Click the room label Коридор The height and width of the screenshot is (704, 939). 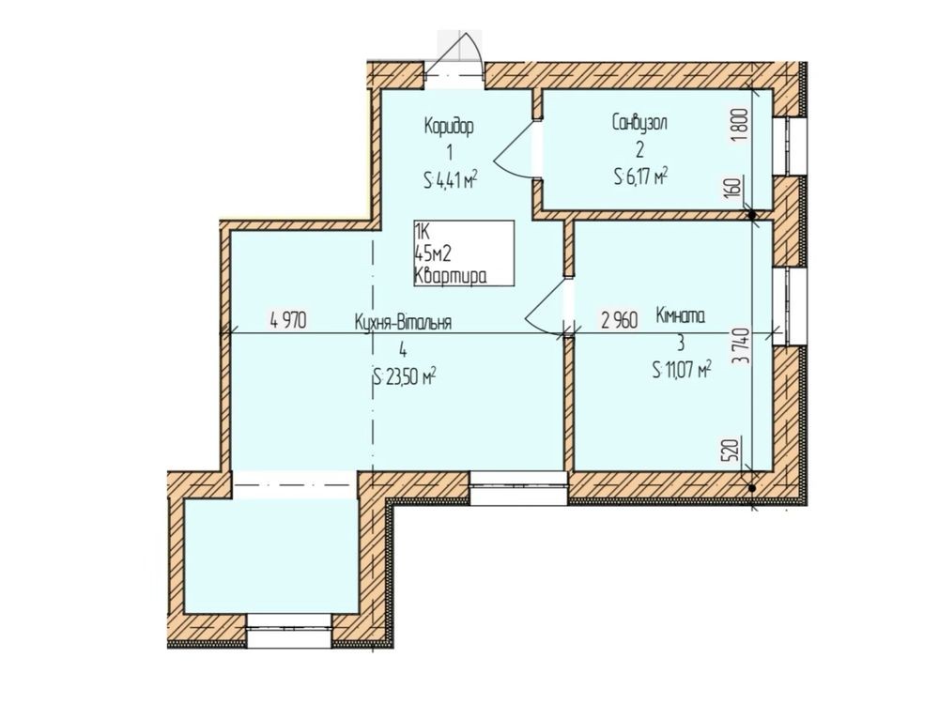[450, 127]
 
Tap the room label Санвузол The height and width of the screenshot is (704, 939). [639, 122]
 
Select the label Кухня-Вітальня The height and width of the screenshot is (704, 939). [403, 322]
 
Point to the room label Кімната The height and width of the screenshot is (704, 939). [680, 315]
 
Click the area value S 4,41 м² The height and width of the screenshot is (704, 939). [451, 179]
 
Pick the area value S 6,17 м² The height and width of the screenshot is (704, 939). [640, 176]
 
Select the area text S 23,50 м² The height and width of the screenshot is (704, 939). [404, 377]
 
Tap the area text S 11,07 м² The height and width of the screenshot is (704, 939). [682, 370]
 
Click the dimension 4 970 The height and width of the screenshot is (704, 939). [288, 321]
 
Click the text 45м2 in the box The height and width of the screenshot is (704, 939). [432, 253]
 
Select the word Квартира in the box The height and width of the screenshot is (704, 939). [450, 276]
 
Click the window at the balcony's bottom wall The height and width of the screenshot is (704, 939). [289, 631]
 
